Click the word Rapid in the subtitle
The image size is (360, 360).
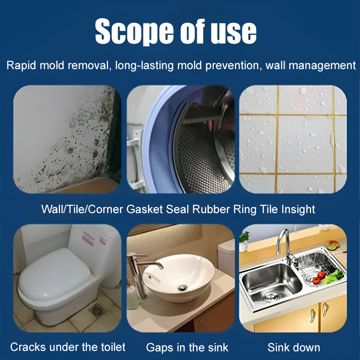tap(22, 66)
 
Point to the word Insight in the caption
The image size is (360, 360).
tap(297, 209)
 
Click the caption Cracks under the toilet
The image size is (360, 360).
tap(68, 347)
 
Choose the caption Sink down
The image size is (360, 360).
tap(293, 347)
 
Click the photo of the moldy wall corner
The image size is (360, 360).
tap(67, 139)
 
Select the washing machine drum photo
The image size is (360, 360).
tap(180, 139)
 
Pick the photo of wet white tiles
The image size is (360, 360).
tap(293, 139)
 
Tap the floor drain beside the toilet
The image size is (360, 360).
tap(97, 311)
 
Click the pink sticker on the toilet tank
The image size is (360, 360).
tap(89, 239)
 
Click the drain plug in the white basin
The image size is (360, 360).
tap(183, 287)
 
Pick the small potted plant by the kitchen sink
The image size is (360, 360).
tap(245, 241)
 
